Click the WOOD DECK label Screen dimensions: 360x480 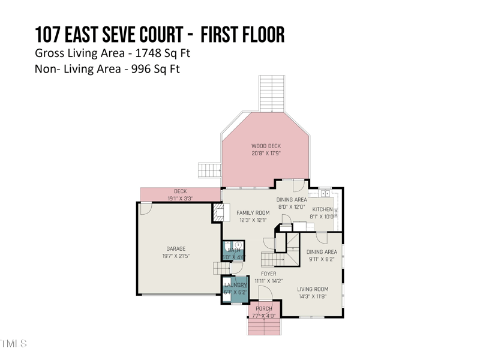[x=266, y=146]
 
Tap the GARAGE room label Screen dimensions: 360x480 [x=176, y=248]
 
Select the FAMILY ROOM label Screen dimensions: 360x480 [x=253, y=213]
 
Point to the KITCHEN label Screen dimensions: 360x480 [x=322, y=209]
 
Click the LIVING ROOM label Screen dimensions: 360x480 [x=313, y=289]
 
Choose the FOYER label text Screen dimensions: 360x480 [x=268, y=274]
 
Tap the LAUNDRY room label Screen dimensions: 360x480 [x=235, y=285]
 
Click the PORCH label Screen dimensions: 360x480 [x=264, y=309]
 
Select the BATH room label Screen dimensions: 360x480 [x=234, y=250]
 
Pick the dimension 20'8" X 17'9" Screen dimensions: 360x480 [x=266, y=154]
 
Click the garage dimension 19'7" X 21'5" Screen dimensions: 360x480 [x=176, y=256]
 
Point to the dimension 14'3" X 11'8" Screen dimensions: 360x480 [x=313, y=296]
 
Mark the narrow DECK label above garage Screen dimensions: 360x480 [x=180, y=191]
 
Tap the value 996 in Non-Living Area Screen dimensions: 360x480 [x=145, y=69]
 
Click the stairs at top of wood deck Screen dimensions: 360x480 [x=271, y=93]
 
